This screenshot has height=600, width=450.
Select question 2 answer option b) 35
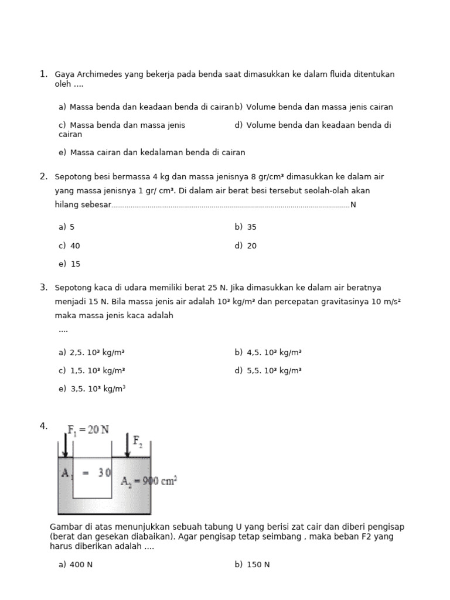click(x=246, y=227)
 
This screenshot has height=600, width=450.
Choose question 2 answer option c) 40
click(x=69, y=246)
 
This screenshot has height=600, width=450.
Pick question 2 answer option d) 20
click(x=246, y=246)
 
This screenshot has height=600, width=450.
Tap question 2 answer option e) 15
click(x=69, y=264)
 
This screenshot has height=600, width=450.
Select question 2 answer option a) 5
click(x=67, y=227)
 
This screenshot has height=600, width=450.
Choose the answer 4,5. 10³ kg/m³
click(x=268, y=353)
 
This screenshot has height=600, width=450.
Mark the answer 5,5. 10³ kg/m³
click(x=268, y=371)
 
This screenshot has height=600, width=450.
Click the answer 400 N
click(x=76, y=565)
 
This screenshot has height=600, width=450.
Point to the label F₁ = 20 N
click(x=88, y=429)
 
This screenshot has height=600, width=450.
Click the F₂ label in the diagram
click(x=138, y=440)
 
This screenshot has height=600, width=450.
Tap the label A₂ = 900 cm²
click(x=149, y=481)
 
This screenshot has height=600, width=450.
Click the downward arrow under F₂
click(x=127, y=446)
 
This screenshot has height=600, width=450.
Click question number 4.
click(x=43, y=426)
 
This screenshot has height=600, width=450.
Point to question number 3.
click(x=43, y=287)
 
